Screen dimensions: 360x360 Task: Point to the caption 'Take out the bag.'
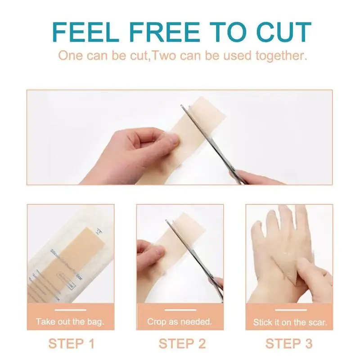coord(70,322)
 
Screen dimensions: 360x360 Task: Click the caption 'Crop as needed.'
coord(180,322)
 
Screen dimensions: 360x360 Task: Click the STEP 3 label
coord(289,344)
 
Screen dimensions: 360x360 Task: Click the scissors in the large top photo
coord(211,144)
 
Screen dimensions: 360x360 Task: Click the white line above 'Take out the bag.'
coord(70,310)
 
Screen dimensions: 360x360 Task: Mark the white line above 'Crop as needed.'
coord(180,310)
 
